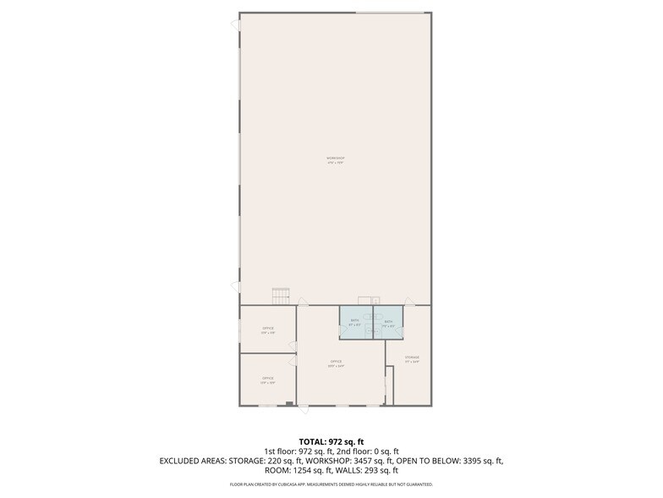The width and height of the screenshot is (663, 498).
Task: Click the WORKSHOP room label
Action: (x=336, y=159)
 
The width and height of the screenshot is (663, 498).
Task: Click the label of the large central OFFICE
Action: (x=336, y=363)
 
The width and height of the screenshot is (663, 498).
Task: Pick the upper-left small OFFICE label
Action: (x=268, y=329)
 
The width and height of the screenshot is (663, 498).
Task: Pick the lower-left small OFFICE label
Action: (x=268, y=379)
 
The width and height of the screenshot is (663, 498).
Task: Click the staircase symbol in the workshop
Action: (x=281, y=296)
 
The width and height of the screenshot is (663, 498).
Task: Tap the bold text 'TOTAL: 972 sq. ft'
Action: (x=331, y=441)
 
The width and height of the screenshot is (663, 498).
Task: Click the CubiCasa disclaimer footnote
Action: (x=331, y=484)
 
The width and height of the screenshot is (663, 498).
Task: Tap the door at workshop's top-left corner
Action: (x=235, y=25)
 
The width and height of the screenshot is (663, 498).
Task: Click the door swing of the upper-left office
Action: (x=293, y=346)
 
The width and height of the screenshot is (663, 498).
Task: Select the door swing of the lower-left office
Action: (x=293, y=362)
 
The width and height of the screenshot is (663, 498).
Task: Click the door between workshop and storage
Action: (x=408, y=301)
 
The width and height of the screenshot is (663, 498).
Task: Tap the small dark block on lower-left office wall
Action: (x=289, y=404)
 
